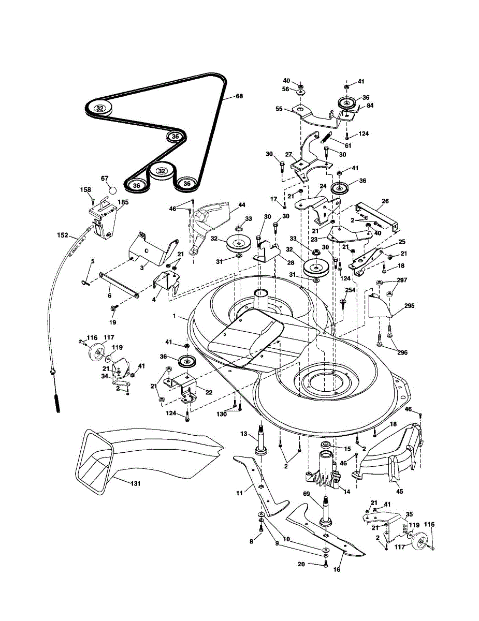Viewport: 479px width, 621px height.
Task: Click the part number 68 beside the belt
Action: point(239,96)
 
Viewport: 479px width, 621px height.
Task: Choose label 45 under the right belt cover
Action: point(399,492)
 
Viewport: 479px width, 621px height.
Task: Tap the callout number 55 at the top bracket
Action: point(279,110)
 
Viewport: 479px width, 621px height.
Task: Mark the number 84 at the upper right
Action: point(370,106)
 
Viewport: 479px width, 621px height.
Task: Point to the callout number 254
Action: point(351,290)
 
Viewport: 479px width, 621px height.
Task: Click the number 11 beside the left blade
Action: point(239,493)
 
